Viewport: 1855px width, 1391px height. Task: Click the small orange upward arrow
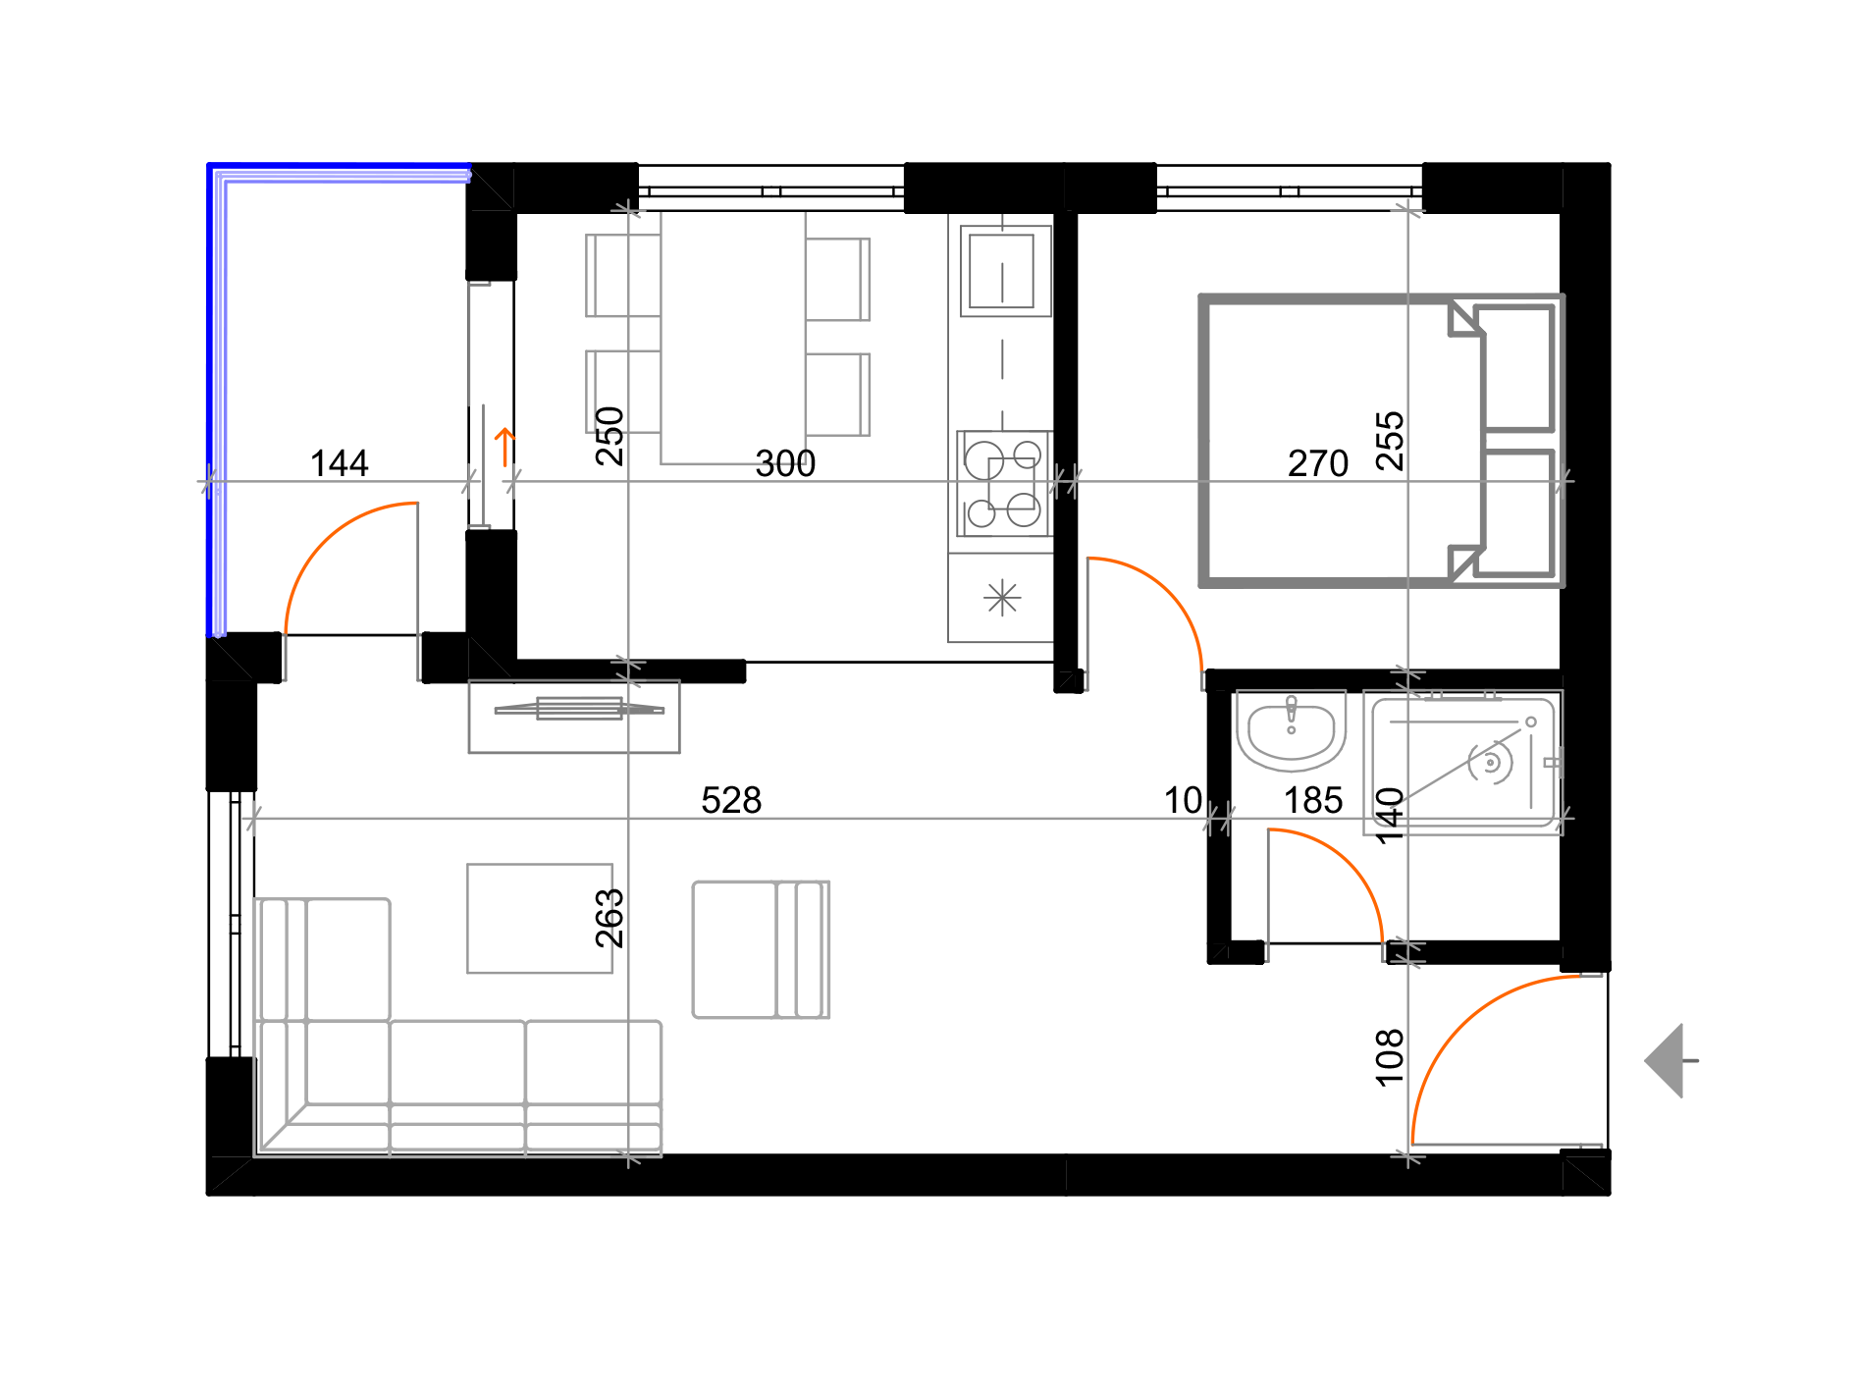[x=504, y=447]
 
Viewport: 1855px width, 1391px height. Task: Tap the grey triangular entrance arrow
[x=1668, y=1060]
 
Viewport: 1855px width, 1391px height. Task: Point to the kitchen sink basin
[x=1002, y=270]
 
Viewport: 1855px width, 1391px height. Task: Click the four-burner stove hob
[x=1003, y=484]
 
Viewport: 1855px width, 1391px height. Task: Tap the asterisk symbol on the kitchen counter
[x=1002, y=597]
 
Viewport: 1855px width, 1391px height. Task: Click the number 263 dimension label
[x=606, y=917]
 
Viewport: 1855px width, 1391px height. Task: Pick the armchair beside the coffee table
[x=761, y=949]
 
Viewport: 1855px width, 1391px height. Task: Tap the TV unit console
[x=574, y=717]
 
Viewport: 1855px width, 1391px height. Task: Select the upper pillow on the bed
[x=1518, y=368]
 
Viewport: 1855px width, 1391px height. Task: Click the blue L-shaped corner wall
[x=217, y=393]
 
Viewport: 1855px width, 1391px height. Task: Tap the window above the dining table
[x=770, y=187]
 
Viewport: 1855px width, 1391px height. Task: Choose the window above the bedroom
[x=1289, y=187]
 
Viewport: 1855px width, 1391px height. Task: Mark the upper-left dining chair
[x=622, y=276]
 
